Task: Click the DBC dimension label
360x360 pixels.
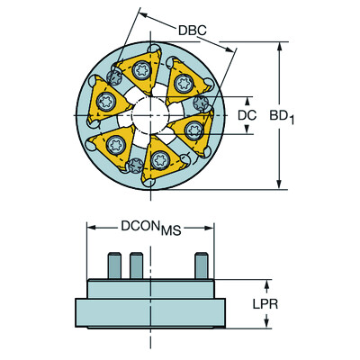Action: [x=192, y=30]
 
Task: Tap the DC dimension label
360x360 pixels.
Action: [x=248, y=115]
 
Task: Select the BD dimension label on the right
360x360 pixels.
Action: [x=311, y=115]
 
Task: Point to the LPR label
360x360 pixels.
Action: [x=264, y=304]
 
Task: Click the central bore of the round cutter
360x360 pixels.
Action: [x=149, y=115]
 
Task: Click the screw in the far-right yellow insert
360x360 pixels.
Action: [x=192, y=128]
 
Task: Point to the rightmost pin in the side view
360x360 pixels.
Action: [x=201, y=266]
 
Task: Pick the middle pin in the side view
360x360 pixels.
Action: [x=137, y=266]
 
